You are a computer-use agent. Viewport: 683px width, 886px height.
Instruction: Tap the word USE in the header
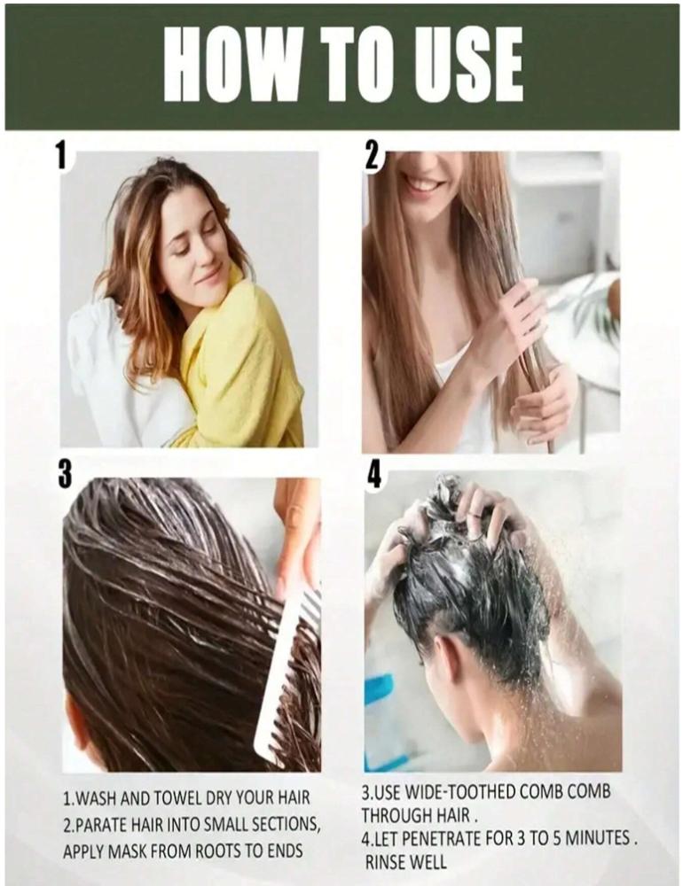467,63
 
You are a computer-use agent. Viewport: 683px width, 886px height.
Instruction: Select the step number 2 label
371,154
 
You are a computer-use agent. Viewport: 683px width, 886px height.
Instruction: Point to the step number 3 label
65,473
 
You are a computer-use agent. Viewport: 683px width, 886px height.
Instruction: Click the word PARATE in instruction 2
101,824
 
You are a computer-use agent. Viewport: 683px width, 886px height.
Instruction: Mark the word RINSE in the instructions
387,862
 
